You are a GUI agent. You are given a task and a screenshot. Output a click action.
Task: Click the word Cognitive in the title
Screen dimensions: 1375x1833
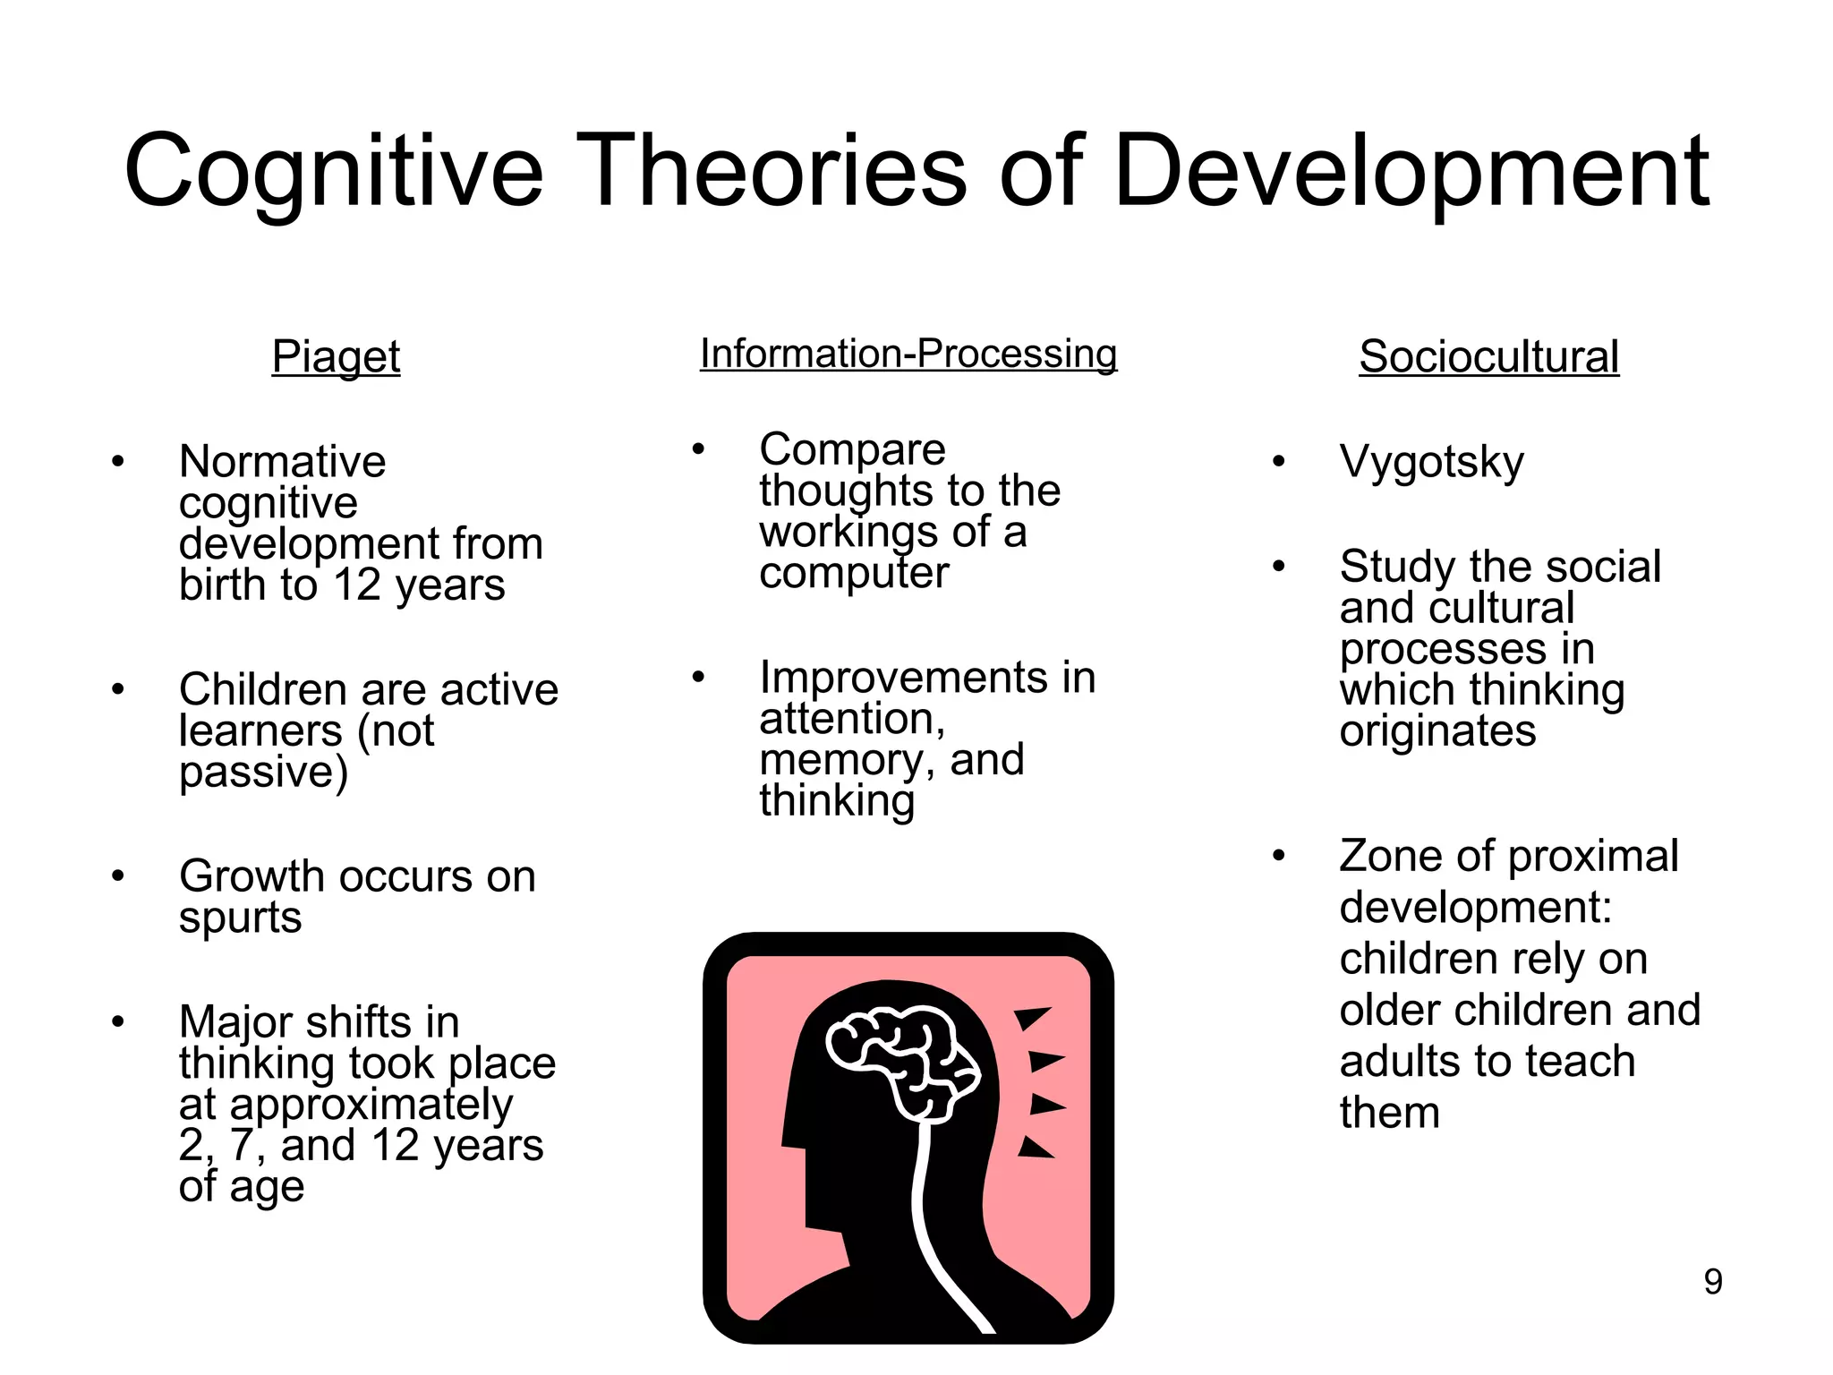(x=333, y=172)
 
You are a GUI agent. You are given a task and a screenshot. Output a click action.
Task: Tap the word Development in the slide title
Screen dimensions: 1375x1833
(x=1411, y=172)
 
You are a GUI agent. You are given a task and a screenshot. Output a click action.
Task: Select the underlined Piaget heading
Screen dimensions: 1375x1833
(x=336, y=356)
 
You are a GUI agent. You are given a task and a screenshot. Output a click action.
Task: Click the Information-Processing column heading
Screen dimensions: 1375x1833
(x=908, y=354)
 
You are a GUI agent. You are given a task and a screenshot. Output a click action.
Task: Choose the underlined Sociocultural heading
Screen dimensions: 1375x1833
(x=1488, y=356)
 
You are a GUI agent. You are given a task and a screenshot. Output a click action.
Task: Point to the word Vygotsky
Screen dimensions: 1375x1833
(x=1431, y=463)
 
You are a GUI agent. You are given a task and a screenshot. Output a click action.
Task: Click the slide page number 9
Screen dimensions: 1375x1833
(x=1712, y=1282)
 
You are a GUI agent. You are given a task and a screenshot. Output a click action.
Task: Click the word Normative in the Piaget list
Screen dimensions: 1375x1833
(x=282, y=462)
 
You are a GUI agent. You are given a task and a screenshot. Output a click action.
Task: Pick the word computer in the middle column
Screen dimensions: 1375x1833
(x=853, y=573)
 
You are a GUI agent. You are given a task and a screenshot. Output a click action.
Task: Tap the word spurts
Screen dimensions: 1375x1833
(x=240, y=918)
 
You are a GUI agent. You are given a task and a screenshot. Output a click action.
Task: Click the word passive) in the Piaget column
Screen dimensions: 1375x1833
(x=263, y=773)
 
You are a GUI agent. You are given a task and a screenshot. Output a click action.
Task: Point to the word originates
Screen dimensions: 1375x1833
(x=1437, y=731)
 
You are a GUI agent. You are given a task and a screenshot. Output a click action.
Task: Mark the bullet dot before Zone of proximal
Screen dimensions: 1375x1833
(x=1278, y=856)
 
